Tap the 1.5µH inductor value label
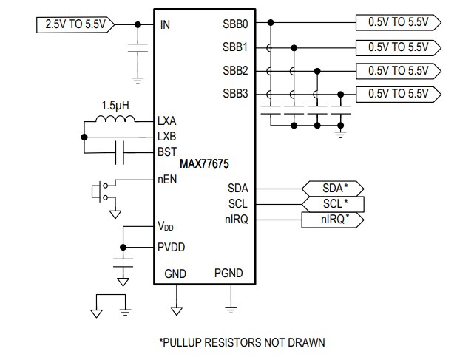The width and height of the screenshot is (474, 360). [x=117, y=104]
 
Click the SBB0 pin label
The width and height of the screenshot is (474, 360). [x=235, y=24]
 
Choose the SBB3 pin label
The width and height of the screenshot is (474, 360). [x=235, y=94]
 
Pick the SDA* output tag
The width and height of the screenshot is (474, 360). [x=334, y=189]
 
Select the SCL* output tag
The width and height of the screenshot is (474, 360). [x=334, y=203]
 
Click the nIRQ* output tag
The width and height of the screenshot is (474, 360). [x=334, y=219]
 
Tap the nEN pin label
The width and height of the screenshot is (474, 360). [x=167, y=179]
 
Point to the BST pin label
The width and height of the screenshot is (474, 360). [x=167, y=152]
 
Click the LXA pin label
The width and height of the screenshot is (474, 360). [x=167, y=120]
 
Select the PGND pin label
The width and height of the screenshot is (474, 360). [x=228, y=274]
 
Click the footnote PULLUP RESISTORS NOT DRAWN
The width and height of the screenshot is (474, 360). [x=242, y=342]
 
